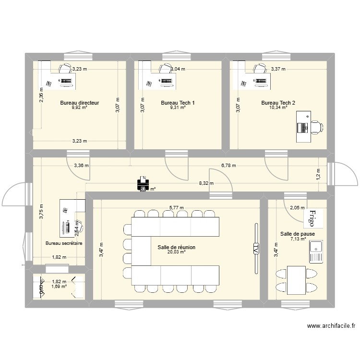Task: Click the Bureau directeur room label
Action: pos(79,103)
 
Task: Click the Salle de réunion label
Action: pos(176,247)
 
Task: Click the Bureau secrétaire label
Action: pos(64,243)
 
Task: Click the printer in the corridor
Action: pos(143,182)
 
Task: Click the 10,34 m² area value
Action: pos(278,108)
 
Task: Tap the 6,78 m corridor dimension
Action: pos(229,165)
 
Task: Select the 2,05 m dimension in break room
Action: pos(297,207)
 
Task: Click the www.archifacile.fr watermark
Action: pos(331,326)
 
